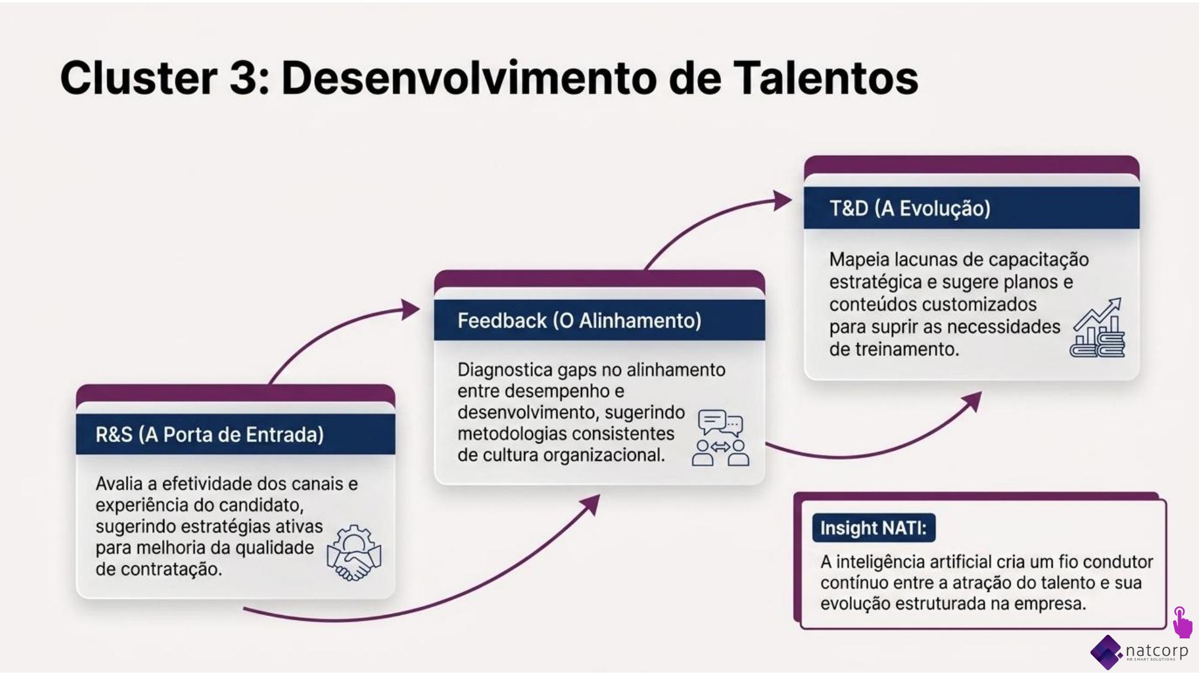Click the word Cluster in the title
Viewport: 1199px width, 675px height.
click(138, 78)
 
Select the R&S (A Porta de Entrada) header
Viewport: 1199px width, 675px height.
click(236, 434)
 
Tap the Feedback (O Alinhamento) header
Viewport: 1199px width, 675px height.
click(599, 320)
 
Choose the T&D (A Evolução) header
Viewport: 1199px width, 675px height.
click(971, 208)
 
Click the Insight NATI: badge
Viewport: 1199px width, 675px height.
click(873, 528)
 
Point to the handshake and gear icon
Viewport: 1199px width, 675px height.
click(354, 553)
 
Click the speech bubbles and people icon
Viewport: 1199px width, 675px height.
click(721, 438)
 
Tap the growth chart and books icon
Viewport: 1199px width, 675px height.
click(1097, 328)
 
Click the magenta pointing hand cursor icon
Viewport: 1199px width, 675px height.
click(1182, 622)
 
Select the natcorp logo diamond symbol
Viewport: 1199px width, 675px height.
click(1107, 652)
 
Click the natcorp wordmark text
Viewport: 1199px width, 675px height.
click(1156, 650)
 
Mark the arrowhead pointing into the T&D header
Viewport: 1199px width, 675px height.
click(783, 201)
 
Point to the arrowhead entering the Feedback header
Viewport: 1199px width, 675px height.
click(411, 310)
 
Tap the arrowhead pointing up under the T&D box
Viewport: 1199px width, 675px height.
click(973, 401)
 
